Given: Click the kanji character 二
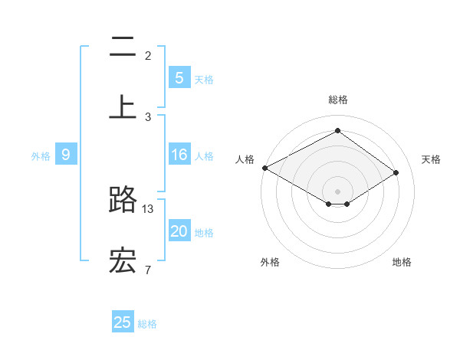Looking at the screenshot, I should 123,47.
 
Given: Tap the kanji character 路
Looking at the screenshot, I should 123,200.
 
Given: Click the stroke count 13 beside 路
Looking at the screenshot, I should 148,208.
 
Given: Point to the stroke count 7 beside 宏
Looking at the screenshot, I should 148,269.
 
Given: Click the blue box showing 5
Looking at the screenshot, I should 179,77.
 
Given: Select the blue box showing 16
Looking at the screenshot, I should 179,155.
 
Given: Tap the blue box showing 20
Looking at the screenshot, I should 179,231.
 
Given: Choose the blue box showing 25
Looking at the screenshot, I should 123,322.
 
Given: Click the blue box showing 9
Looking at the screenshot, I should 66,155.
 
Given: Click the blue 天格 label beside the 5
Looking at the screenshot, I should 204,79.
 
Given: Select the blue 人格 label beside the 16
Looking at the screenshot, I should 204,156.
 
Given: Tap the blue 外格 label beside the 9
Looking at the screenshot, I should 41,156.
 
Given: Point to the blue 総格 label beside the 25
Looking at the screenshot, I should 147,324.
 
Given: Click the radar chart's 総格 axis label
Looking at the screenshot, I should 337,100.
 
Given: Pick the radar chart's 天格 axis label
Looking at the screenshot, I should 431,159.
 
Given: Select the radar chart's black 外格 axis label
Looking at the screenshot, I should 270,262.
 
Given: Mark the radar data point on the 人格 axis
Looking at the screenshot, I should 264,168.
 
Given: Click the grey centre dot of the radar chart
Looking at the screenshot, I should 337,191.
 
